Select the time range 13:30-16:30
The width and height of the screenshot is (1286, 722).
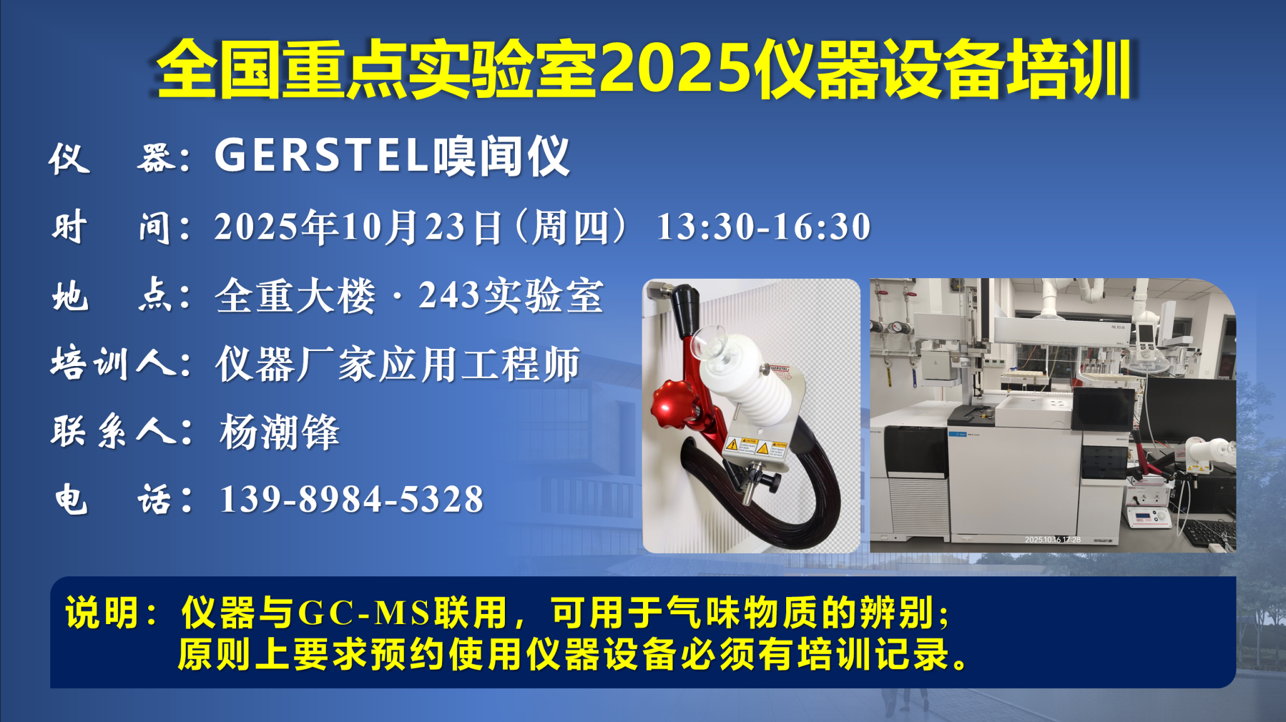[764, 227]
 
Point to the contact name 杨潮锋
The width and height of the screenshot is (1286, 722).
[279, 432]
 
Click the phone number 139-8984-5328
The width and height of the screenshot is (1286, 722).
[352, 499]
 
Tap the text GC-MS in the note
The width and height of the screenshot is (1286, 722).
[364, 613]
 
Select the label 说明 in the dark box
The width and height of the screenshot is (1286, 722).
[102, 613]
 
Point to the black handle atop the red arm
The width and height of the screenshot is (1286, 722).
[686, 310]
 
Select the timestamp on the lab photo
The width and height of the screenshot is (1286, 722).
[1052, 539]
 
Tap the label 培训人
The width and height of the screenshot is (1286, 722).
[113, 364]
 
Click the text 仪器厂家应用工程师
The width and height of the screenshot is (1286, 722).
[397, 364]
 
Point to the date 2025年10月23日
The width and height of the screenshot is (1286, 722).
[359, 227]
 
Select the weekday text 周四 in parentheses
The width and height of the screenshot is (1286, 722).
[570, 227]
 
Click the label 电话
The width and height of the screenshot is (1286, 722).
[113, 500]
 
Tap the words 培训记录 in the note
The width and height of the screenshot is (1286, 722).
[873, 654]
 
